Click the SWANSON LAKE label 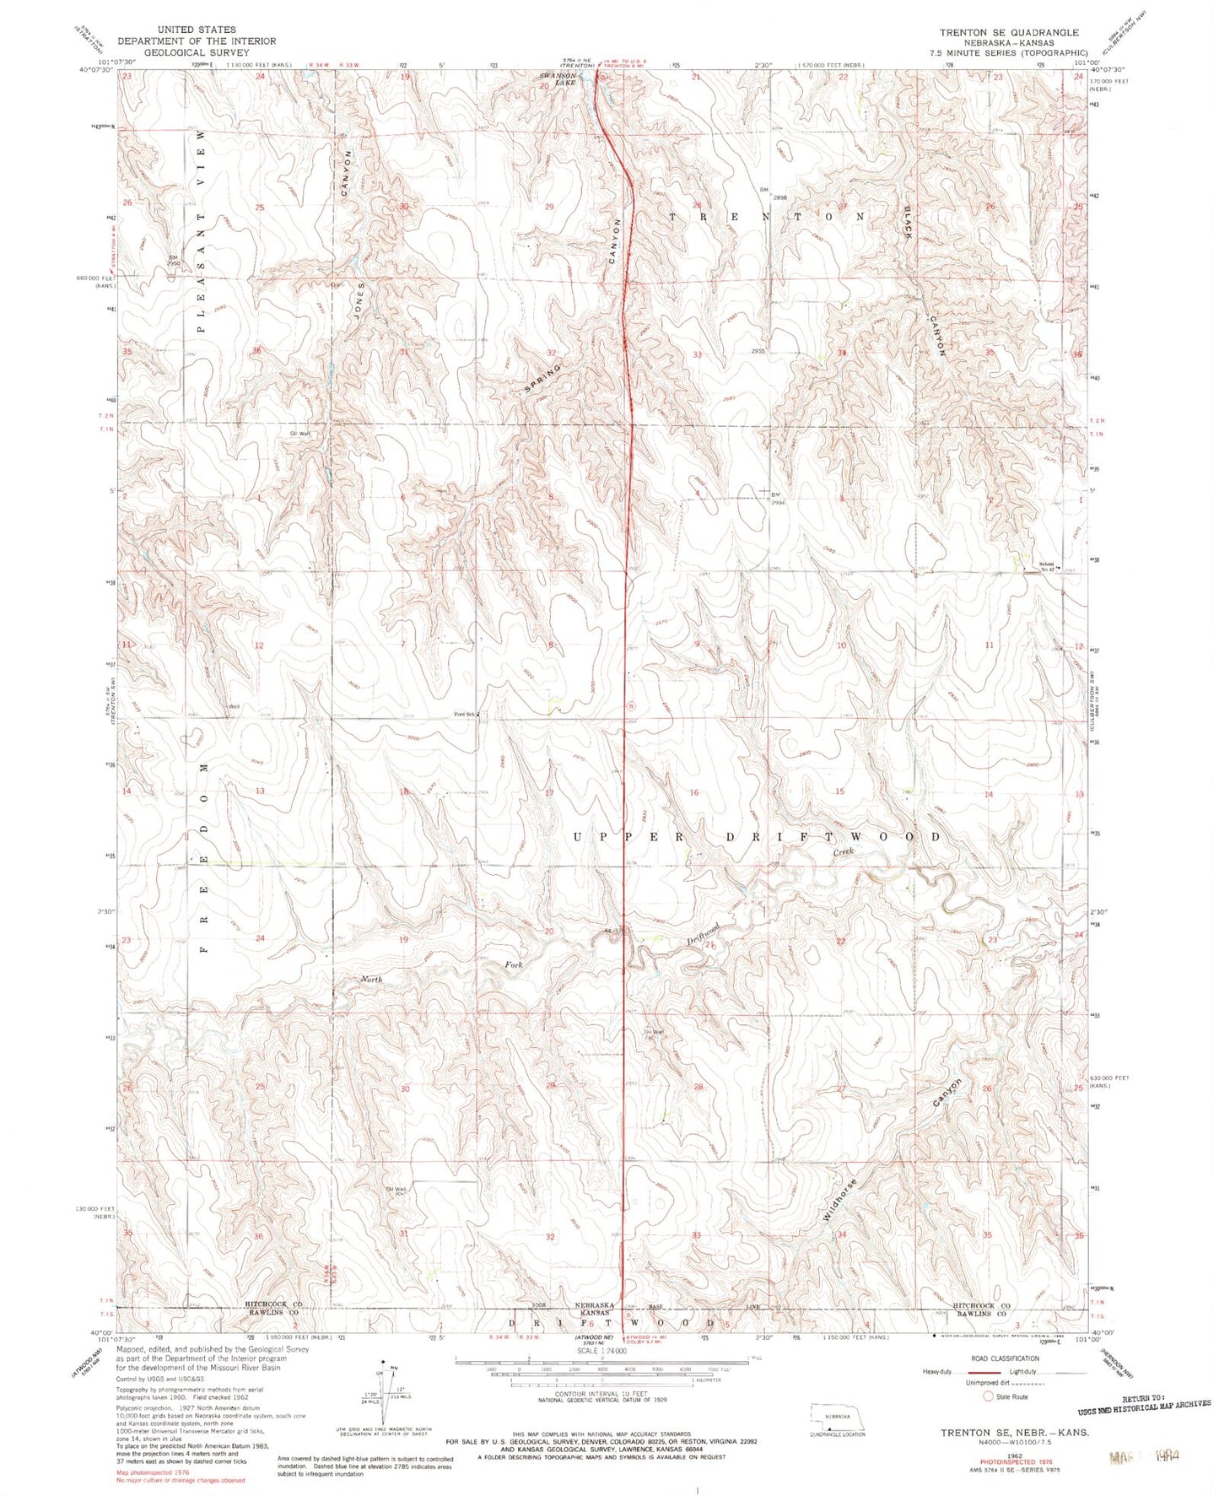point(557,79)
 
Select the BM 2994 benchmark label point(778,498)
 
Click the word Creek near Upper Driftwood point(844,852)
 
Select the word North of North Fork point(371,980)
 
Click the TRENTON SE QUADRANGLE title point(1009,32)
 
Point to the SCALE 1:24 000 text point(601,1351)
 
